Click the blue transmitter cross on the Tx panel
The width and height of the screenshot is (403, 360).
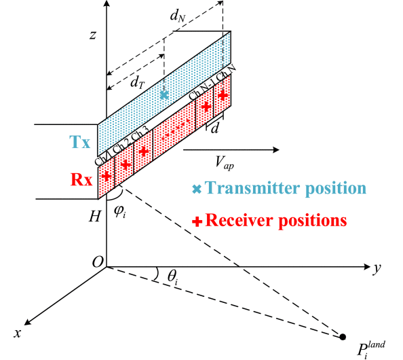pos(164,95)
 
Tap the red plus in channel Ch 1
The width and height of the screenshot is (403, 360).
pos(107,177)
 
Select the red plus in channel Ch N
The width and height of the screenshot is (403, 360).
pos(223,96)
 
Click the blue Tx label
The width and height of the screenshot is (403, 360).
pos(80,142)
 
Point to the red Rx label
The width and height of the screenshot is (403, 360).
pos(81,179)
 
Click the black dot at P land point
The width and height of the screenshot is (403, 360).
pos(343,337)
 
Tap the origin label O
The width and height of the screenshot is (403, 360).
pos(98,262)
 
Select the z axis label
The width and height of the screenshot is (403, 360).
pos(93,35)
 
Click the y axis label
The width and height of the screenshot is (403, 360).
pos(377,268)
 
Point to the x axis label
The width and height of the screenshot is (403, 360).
pos(18,334)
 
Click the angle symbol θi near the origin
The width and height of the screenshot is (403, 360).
pos(172,277)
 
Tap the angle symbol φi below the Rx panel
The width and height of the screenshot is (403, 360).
pos(120,213)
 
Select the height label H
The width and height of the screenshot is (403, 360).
pos(94,216)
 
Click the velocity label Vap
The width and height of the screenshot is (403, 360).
pos(225,163)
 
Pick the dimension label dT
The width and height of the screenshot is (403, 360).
pos(138,82)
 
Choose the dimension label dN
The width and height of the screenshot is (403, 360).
pos(178,16)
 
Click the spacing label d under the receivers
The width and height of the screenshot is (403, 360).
pos(214,128)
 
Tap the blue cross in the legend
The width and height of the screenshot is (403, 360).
pos(197,189)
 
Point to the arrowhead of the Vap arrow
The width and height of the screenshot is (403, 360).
pos(277,149)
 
